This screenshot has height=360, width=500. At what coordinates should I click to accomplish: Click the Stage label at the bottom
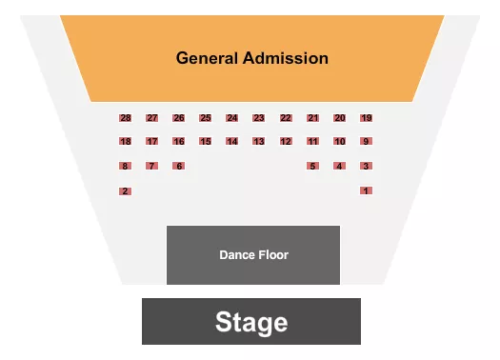click(251, 322)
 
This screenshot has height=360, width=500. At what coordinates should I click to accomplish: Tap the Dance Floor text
click(253, 255)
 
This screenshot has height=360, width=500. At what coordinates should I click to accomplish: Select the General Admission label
click(252, 58)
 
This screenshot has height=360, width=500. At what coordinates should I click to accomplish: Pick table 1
click(366, 190)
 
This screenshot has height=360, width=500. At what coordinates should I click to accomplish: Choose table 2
click(125, 190)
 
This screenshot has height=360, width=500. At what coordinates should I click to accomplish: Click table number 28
click(125, 118)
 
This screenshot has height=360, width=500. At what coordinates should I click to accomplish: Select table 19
click(367, 118)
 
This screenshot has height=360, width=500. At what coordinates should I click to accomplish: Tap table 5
click(312, 166)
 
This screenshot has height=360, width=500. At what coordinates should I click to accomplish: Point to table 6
click(178, 166)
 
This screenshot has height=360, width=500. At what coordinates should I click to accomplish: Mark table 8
click(125, 166)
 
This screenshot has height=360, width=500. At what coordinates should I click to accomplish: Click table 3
click(366, 166)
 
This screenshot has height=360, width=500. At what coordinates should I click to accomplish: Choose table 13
click(258, 142)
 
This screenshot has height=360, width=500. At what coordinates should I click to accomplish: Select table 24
click(231, 118)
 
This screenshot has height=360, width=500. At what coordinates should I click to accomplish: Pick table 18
click(125, 142)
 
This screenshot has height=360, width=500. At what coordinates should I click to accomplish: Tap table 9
click(366, 142)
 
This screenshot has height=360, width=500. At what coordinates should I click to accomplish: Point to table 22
click(286, 118)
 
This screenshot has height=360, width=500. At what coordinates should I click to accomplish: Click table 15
click(205, 142)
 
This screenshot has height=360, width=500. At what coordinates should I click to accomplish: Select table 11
click(312, 142)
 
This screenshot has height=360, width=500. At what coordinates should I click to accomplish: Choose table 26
click(178, 118)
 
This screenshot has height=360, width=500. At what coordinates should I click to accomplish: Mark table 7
click(151, 166)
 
